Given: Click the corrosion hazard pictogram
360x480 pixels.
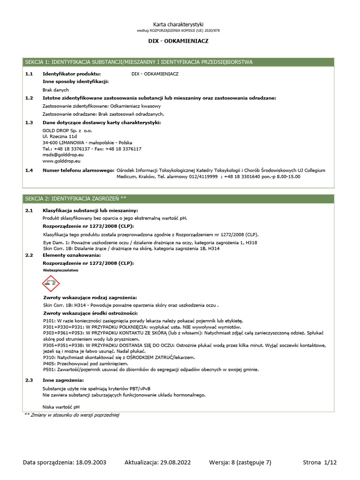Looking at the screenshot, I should point(51,284).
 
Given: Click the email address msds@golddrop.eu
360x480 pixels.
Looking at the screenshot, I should point(63,154).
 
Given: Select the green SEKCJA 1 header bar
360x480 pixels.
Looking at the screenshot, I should point(180,62).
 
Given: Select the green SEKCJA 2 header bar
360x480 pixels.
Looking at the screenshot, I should point(180,199).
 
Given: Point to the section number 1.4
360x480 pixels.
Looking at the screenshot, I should point(29,171).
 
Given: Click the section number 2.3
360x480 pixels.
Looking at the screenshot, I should point(29,380).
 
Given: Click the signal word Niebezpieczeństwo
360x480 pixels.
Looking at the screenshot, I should point(60,270).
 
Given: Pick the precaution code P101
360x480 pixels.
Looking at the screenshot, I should point(49,321).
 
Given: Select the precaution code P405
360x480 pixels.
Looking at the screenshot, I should point(49,363).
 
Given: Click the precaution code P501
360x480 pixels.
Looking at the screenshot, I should point(49,369).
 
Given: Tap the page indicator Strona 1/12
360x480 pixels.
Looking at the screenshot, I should point(320,463).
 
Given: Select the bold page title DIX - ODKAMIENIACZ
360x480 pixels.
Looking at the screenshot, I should point(179,41).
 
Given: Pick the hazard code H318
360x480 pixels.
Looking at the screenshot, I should point(251,243).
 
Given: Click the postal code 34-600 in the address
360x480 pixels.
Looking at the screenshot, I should point(50,142).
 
